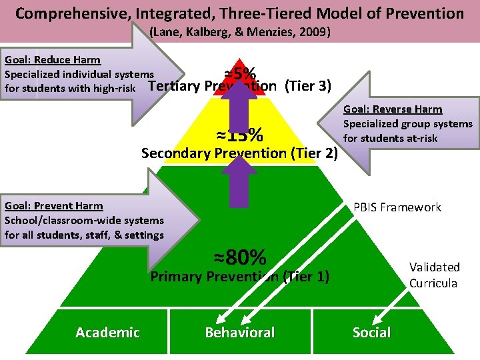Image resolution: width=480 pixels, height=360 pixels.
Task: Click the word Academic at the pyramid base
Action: click(107, 333)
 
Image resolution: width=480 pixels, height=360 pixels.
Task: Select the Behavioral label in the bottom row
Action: click(239, 333)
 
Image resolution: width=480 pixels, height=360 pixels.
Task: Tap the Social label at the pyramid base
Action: click(371, 333)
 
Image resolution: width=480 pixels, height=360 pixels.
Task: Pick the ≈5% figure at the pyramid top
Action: click(241, 73)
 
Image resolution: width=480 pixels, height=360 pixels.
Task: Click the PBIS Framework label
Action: click(397, 207)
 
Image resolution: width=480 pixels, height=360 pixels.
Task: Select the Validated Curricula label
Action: click(434, 275)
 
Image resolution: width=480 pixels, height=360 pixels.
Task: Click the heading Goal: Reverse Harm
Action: click(393, 109)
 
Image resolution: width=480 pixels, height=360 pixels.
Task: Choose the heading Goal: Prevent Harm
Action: click(54, 206)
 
